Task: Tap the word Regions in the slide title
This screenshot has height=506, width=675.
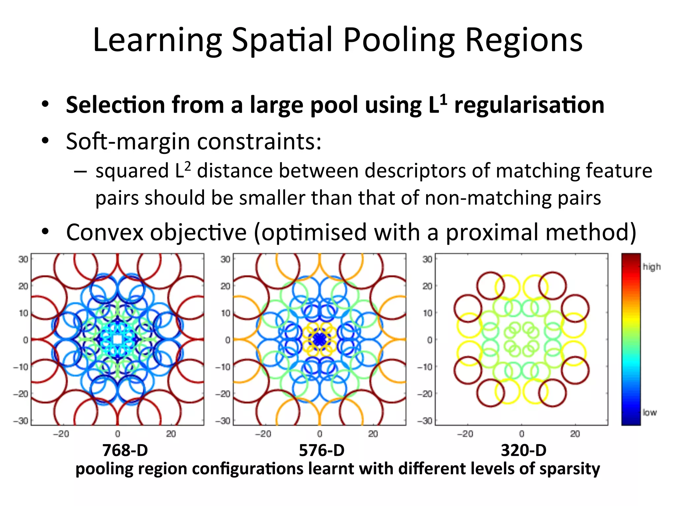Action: click(524, 40)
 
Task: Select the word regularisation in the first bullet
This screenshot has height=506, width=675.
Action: click(529, 105)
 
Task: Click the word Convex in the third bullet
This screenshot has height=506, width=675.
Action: click(105, 232)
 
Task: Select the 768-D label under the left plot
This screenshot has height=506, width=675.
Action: click(125, 450)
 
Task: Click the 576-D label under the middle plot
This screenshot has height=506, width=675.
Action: click(322, 450)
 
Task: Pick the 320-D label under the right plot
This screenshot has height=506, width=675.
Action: click(524, 450)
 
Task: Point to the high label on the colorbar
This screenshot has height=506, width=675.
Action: click(652, 267)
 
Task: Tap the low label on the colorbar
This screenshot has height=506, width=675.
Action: click(650, 412)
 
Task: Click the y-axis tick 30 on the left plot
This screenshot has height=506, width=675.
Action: click(23, 259)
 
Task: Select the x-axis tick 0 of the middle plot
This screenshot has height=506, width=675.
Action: click(319, 434)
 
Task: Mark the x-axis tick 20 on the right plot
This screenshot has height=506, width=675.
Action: click(575, 434)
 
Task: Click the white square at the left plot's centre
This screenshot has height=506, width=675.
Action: click(117, 339)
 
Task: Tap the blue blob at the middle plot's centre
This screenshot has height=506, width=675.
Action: click(319, 339)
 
